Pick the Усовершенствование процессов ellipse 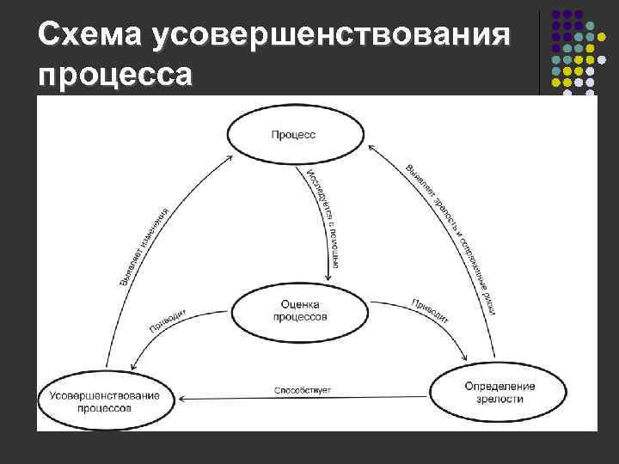pos(103,400)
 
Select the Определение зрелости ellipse pos(499,392)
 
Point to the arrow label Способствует pos(303,391)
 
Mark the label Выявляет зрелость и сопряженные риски pos(451,236)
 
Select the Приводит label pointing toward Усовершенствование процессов pos(169,320)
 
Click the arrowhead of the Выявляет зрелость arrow pos(372,147)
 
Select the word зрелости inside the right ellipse pos(499,399)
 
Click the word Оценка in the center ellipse pos(300,304)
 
